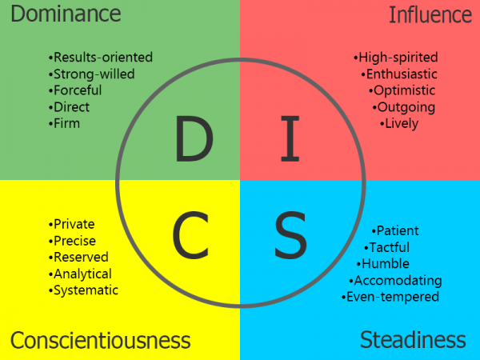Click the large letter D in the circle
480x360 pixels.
[194, 139]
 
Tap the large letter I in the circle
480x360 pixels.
[290, 139]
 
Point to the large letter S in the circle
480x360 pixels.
[290, 234]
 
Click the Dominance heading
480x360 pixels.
[66, 14]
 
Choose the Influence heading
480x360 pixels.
[430, 14]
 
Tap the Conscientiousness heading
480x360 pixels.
[100, 340]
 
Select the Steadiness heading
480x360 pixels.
[413, 339]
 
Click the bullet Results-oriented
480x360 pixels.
[100, 58]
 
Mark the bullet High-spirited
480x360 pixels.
[395, 58]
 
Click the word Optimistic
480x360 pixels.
[405, 90]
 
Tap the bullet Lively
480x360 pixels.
[399, 123]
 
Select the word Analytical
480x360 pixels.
[82, 274]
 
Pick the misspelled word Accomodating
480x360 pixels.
[395, 280]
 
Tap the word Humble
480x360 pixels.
[384, 263]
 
